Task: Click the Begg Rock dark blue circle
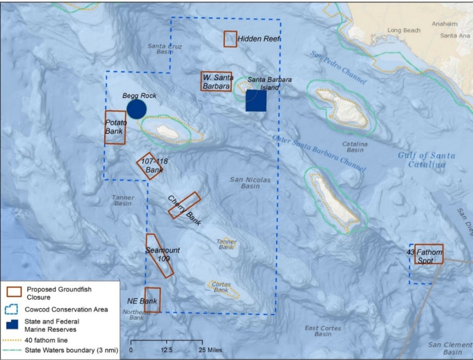pyautogui.click(x=136, y=109)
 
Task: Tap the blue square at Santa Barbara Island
pyautogui.click(x=256, y=101)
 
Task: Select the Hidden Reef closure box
pyautogui.click(x=230, y=39)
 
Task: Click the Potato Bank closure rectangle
pyautogui.click(x=115, y=128)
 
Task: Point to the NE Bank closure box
pyautogui.click(x=152, y=300)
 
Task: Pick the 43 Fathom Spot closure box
pyautogui.click(x=429, y=254)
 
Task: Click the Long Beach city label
pyautogui.click(x=404, y=31)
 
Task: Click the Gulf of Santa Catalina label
pyautogui.click(x=426, y=160)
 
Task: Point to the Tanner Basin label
pyautogui.click(x=123, y=200)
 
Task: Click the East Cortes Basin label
pyautogui.click(x=324, y=331)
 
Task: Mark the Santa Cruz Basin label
pyautogui.click(x=165, y=49)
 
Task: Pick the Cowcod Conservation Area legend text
pyautogui.click(x=67, y=309)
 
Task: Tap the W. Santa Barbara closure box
pyautogui.click(x=216, y=81)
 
